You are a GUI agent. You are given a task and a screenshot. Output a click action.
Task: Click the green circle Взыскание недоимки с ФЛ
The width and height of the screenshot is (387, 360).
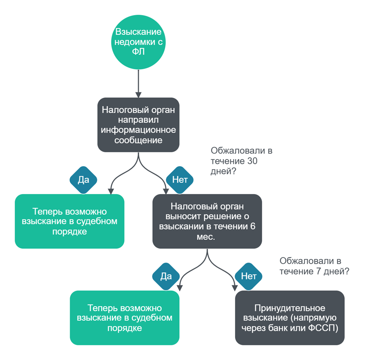pyautogui.click(x=138, y=42)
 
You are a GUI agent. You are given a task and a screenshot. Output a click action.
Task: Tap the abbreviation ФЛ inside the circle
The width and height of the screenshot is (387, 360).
pyautogui.click(x=138, y=51)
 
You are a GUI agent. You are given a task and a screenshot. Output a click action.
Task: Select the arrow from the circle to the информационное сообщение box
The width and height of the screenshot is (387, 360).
pyautogui.click(x=138, y=84)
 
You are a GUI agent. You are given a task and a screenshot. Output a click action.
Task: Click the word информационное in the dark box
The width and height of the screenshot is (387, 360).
pyautogui.click(x=138, y=130)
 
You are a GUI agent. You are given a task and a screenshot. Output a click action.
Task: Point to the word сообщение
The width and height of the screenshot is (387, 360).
pyautogui.click(x=138, y=140)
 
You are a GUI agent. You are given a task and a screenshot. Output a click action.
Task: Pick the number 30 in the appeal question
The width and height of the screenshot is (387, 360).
pyautogui.click(x=252, y=161)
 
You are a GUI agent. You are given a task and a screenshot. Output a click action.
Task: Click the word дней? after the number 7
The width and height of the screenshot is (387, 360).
pyautogui.click(x=336, y=271)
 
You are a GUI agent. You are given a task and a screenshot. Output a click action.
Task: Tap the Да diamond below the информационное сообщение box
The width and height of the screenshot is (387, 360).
pyautogui.click(x=83, y=180)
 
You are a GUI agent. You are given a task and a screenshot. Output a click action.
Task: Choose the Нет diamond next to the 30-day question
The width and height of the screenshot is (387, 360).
pyautogui.click(x=180, y=180)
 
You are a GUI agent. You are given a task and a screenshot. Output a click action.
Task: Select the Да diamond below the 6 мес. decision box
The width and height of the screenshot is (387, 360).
pyautogui.click(x=166, y=276)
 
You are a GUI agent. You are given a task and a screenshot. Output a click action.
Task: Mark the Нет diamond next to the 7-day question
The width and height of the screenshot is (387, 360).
pyautogui.click(x=249, y=276)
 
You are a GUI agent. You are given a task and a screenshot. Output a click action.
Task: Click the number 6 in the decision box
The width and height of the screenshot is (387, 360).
pyautogui.click(x=253, y=226)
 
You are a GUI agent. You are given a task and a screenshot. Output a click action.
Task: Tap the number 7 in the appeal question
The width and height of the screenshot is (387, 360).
pyautogui.click(x=319, y=271)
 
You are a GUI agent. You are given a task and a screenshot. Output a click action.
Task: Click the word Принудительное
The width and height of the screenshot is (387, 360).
pyautogui.click(x=290, y=308)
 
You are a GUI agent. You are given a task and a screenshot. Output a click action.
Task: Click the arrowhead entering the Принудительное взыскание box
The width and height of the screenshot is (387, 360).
pyautogui.click(x=235, y=288)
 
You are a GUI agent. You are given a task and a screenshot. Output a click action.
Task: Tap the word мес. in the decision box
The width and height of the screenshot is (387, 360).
pyautogui.click(x=206, y=237)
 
